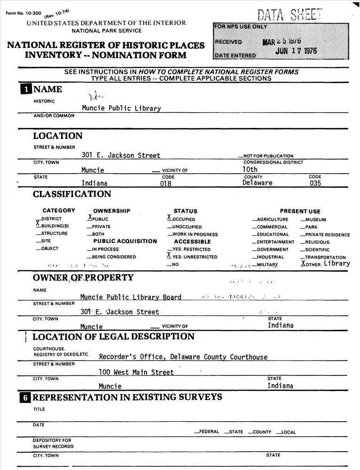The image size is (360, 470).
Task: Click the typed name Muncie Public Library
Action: click(x=121, y=108)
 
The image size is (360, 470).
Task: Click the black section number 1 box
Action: click(x=25, y=90)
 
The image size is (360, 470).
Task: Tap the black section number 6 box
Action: click(x=25, y=398)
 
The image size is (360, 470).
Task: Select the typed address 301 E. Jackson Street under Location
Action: click(x=121, y=156)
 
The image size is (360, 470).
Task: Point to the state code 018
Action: click(x=166, y=184)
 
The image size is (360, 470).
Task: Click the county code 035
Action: click(x=315, y=183)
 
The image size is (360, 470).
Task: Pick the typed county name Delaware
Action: click(x=258, y=183)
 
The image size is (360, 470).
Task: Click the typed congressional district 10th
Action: click(x=250, y=169)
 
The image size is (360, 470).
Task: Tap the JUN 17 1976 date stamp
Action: click(x=296, y=51)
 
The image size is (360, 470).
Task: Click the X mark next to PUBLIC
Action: click(x=89, y=218)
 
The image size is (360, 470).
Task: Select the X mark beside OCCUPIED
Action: click(x=169, y=218)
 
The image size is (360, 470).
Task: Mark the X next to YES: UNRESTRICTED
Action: click(x=169, y=256)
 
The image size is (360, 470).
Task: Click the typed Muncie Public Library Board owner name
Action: click(x=131, y=297)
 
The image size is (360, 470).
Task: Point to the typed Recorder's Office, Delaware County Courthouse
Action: click(x=183, y=357)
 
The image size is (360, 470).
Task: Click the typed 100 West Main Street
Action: click(x=136, y=372)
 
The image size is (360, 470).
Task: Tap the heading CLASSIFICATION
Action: click(x=72, y=194)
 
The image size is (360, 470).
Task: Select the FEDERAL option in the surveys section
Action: click(x=208, y=432)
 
